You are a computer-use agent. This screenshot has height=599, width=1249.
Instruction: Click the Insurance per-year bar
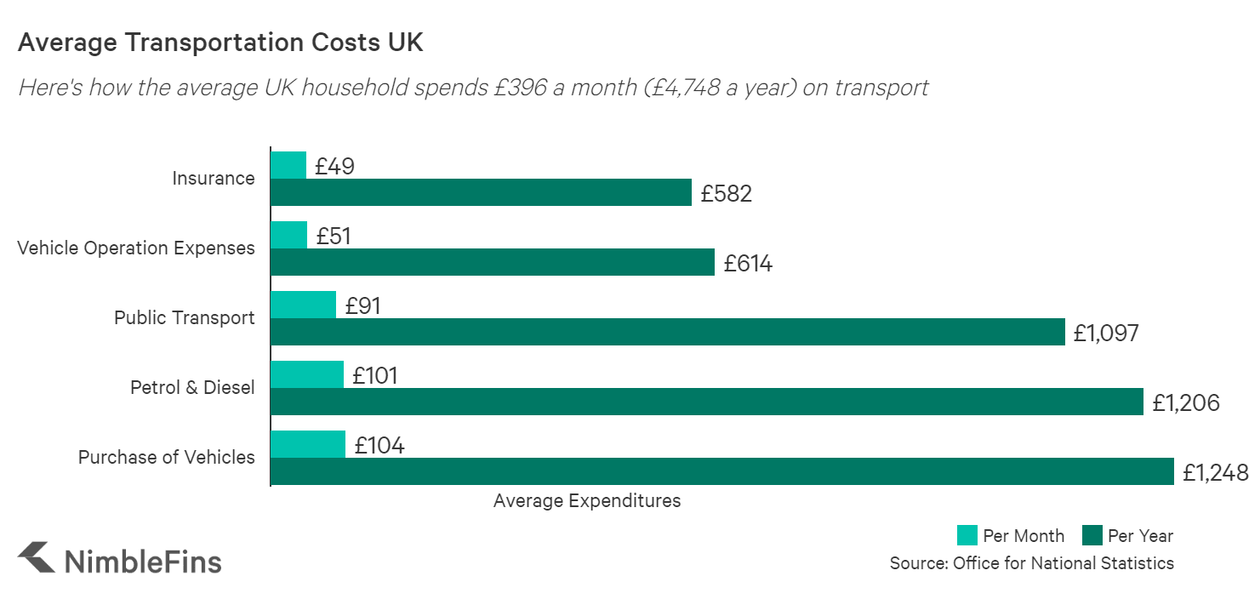click(481, 192)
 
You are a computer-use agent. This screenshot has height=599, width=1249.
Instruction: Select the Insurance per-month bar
click(288, 165)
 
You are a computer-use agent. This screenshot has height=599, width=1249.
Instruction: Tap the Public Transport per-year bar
click(668, 332)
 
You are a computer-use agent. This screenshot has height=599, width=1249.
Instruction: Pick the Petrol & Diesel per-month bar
click(307, 374)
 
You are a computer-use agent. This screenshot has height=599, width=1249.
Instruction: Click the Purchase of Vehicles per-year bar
click(722, 471)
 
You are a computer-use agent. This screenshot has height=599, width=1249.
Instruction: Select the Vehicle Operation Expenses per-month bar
click(289, 235)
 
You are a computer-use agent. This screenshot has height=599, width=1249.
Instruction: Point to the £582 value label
click(727, 194)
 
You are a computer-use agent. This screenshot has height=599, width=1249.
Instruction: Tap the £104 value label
click(379, 445)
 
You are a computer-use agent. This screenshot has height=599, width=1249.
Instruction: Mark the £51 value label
click(334, 236)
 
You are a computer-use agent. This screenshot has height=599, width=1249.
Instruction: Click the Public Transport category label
click(185, 318)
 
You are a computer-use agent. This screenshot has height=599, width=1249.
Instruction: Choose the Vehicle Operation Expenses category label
click(136, 248)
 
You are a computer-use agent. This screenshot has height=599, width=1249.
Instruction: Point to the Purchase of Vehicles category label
click(167, 458)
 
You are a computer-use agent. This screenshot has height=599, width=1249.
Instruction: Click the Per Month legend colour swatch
click(967, 535)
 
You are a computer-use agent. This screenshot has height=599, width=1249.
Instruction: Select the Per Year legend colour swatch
click(1092, 535)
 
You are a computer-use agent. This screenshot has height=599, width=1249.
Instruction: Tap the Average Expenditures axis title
click(587, 501)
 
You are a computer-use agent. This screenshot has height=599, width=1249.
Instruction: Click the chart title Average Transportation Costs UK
click(220, 43)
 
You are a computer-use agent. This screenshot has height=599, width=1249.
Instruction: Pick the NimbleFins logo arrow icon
click(36, 558)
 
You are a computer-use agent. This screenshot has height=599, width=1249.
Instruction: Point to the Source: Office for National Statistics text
click(1031, 563)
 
